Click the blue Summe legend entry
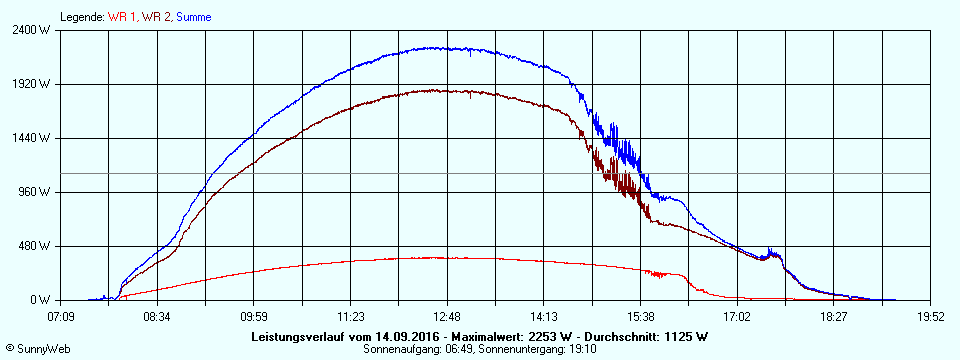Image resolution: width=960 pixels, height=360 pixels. point(194,17)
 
